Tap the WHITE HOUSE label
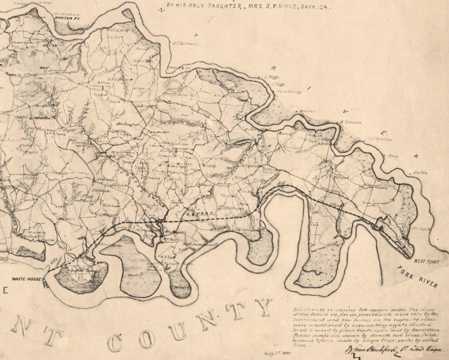coord(26,279)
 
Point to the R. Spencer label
coord(350,122)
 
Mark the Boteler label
coord(307,111)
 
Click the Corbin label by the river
coord(420,173)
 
